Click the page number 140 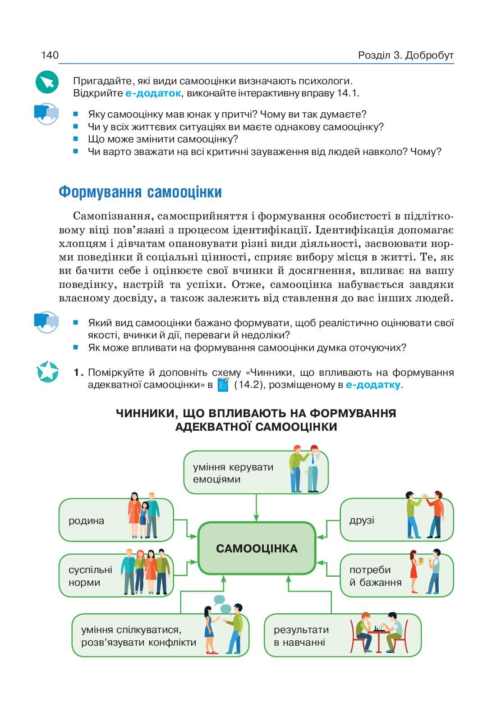point(50,55)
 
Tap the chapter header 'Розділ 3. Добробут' point(405,55)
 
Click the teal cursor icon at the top point(47,82)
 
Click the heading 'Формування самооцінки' point(140,192)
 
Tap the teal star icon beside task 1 point(47,372)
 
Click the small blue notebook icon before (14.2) point(223,385)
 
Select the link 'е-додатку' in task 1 point(373,385)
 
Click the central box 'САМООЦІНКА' point(257,548)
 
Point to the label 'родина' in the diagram point(87,520)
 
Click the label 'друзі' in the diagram point(362,520)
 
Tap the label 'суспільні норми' point(90,576)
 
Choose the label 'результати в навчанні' point(301,636)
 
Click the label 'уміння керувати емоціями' point(233,473)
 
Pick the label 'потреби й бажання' point(375,576)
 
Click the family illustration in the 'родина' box point(144,516)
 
